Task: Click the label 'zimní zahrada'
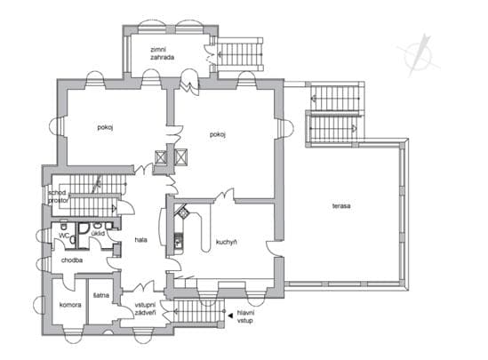162,53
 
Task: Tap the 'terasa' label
341,206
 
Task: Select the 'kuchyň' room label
227,242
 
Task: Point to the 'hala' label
141,240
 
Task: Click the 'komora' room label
70,305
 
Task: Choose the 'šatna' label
101,295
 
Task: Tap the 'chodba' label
72,260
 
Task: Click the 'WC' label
64,236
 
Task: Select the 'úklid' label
98,233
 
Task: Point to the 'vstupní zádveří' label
146,309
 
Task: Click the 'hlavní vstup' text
245,316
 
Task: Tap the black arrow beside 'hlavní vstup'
230,316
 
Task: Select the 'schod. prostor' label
58,196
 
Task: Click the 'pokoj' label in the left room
105,128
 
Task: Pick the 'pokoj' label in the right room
217,135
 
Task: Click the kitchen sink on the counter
178,241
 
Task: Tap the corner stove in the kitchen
181,212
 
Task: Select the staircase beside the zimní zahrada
240,54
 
